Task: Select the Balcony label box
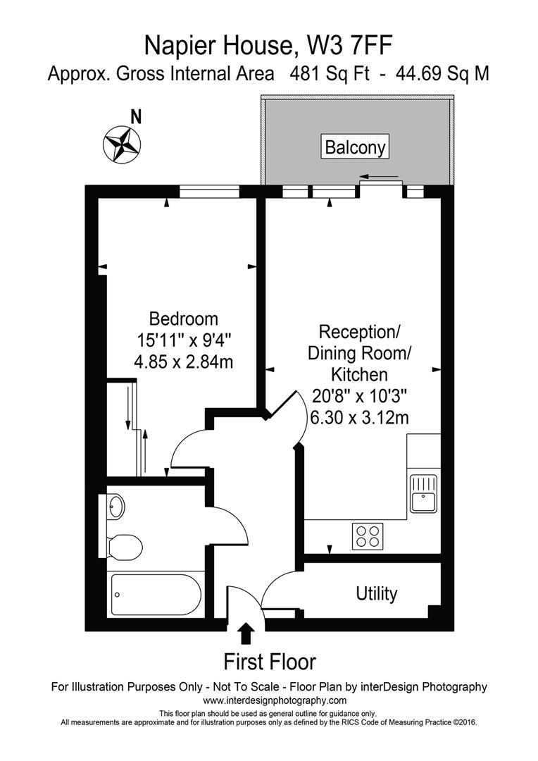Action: (x=356, y=147)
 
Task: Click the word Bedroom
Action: (x=184, y=318)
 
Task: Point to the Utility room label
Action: (x=376, y=594)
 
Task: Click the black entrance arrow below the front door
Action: (x=246, y=633)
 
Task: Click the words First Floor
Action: (x=269, y=662)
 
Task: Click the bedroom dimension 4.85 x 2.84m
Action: (x=184, y=362)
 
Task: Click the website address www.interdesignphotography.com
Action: (x=275, y=700)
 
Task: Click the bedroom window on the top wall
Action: (x=209, y=190)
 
